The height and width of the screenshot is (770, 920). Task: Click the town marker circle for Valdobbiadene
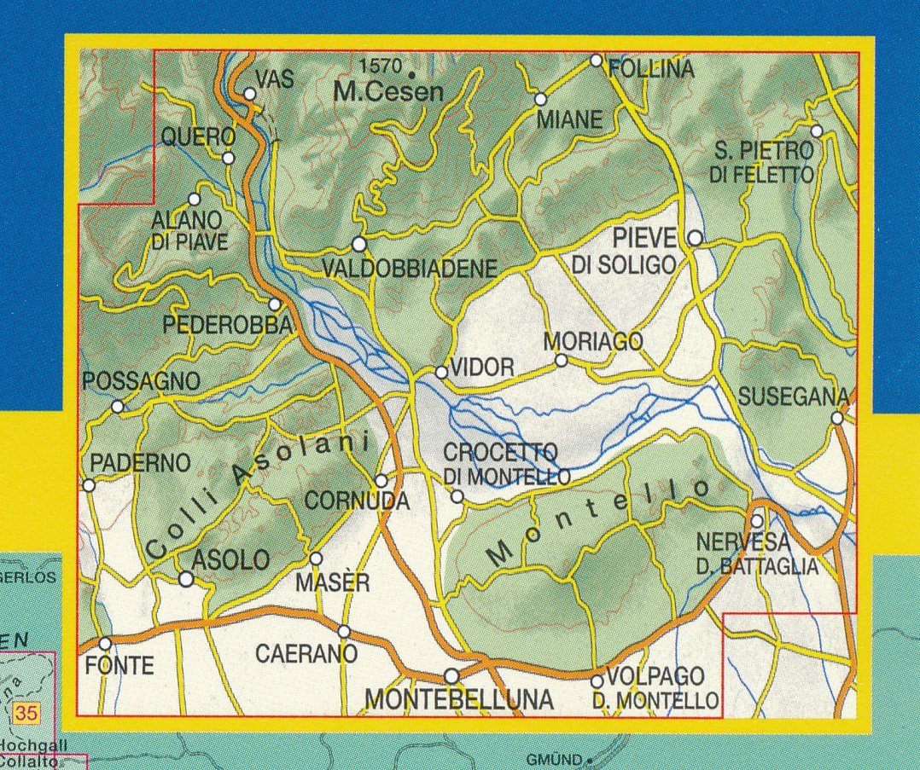(x=359, y=245)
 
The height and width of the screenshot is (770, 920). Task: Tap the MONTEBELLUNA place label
(x=459, y=700)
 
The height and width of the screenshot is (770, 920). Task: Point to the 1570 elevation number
(x=381, y=66)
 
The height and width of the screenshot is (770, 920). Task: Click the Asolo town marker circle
(x=186, y=580)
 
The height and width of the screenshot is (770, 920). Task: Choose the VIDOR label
(x=482, y=368)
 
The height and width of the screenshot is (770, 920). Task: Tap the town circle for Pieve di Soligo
(x=696, y=237)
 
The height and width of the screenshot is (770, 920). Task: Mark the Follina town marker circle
(x=597, y=61)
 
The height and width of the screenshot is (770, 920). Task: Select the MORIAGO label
(x=593, y=342)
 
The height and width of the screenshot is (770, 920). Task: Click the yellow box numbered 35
(x=26, y=713)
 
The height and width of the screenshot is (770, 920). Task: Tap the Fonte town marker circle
(x=105, y=644)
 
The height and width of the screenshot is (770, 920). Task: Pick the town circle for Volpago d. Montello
(x=597, y=680)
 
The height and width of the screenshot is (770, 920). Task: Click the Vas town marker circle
(x=250, y=95)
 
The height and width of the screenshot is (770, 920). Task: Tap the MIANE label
(x=568, y=120)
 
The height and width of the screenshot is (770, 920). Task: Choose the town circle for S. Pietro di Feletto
(x=817, y=131)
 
